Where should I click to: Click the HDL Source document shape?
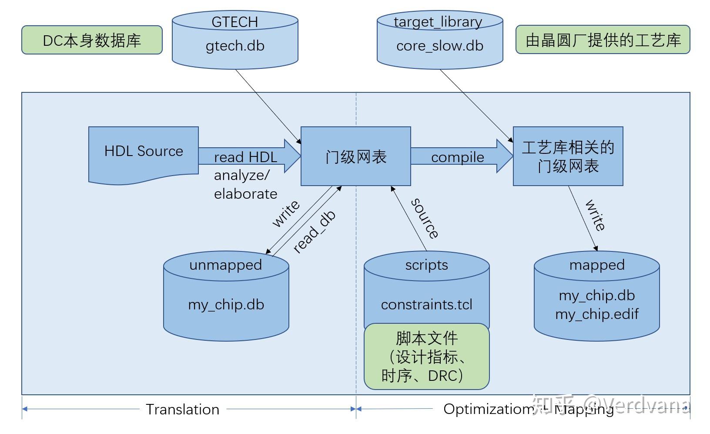[144, 153]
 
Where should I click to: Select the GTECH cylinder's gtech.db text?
[235, 46]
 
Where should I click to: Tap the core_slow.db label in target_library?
[440, 46]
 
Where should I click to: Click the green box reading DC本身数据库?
[92, 40]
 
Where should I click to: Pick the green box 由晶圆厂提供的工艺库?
[603, 40]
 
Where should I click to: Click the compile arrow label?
[457, 157]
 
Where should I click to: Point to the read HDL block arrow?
[248, 156]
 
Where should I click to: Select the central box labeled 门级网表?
[355, 157]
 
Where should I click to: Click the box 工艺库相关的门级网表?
[568, 157]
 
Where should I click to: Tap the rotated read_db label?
[314, 232]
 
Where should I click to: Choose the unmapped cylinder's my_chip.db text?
[226, 304]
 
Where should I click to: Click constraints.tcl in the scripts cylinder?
[426, 304]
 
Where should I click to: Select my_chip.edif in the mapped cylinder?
[596, 314]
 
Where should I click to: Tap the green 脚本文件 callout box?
[426, 356]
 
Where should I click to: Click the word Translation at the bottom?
[182, 409]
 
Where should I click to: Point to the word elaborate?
[245, 193]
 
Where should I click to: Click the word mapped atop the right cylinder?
[596, 264]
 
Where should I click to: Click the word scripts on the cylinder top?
[426, 264]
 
